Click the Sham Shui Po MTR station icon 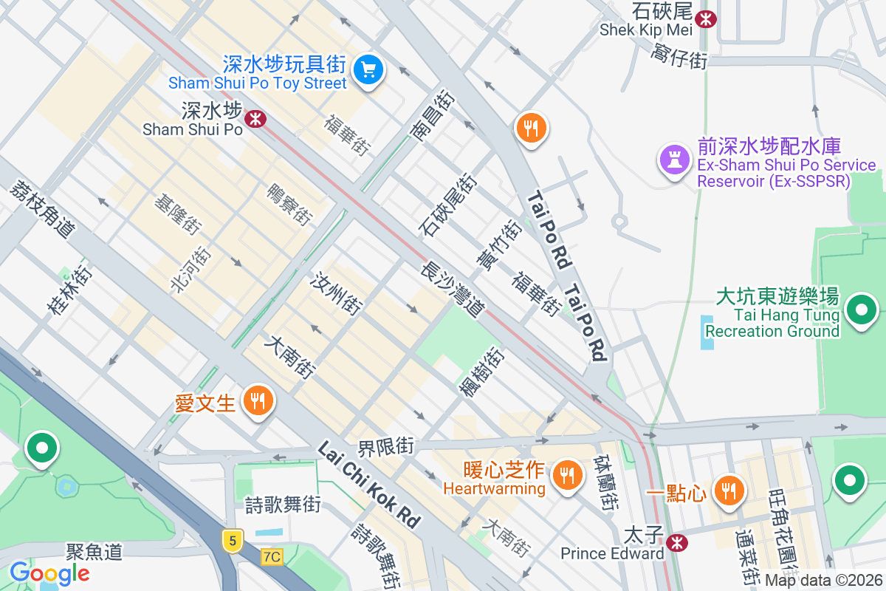255,118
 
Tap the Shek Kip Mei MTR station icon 706,18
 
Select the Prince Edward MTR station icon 675,543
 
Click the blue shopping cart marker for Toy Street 368,70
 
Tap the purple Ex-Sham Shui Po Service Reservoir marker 673,158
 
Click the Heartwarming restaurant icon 567,474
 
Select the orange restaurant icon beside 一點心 728,490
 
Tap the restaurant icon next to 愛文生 258,401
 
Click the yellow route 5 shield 233,541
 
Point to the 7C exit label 272,556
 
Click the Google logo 49,573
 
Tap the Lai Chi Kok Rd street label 368,485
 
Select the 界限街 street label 386,447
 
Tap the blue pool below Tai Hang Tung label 707,332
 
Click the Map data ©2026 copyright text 823,580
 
